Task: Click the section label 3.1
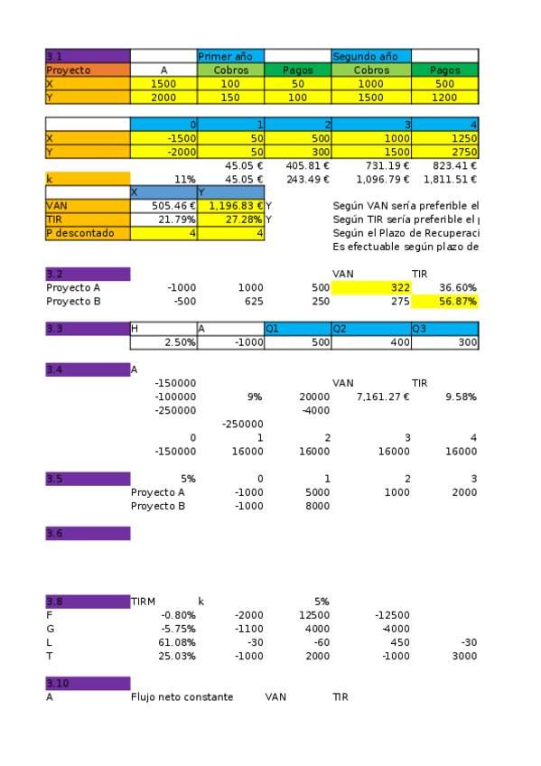point(88,56)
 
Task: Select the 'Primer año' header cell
point(230,56)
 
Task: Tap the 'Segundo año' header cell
point(371,56)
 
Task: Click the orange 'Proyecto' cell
point(88,70)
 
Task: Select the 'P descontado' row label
point(88,233)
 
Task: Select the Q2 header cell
point(371,329)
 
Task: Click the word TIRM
point(144,602)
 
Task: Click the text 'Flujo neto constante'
point(182,697)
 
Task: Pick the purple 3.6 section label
point(88,534)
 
